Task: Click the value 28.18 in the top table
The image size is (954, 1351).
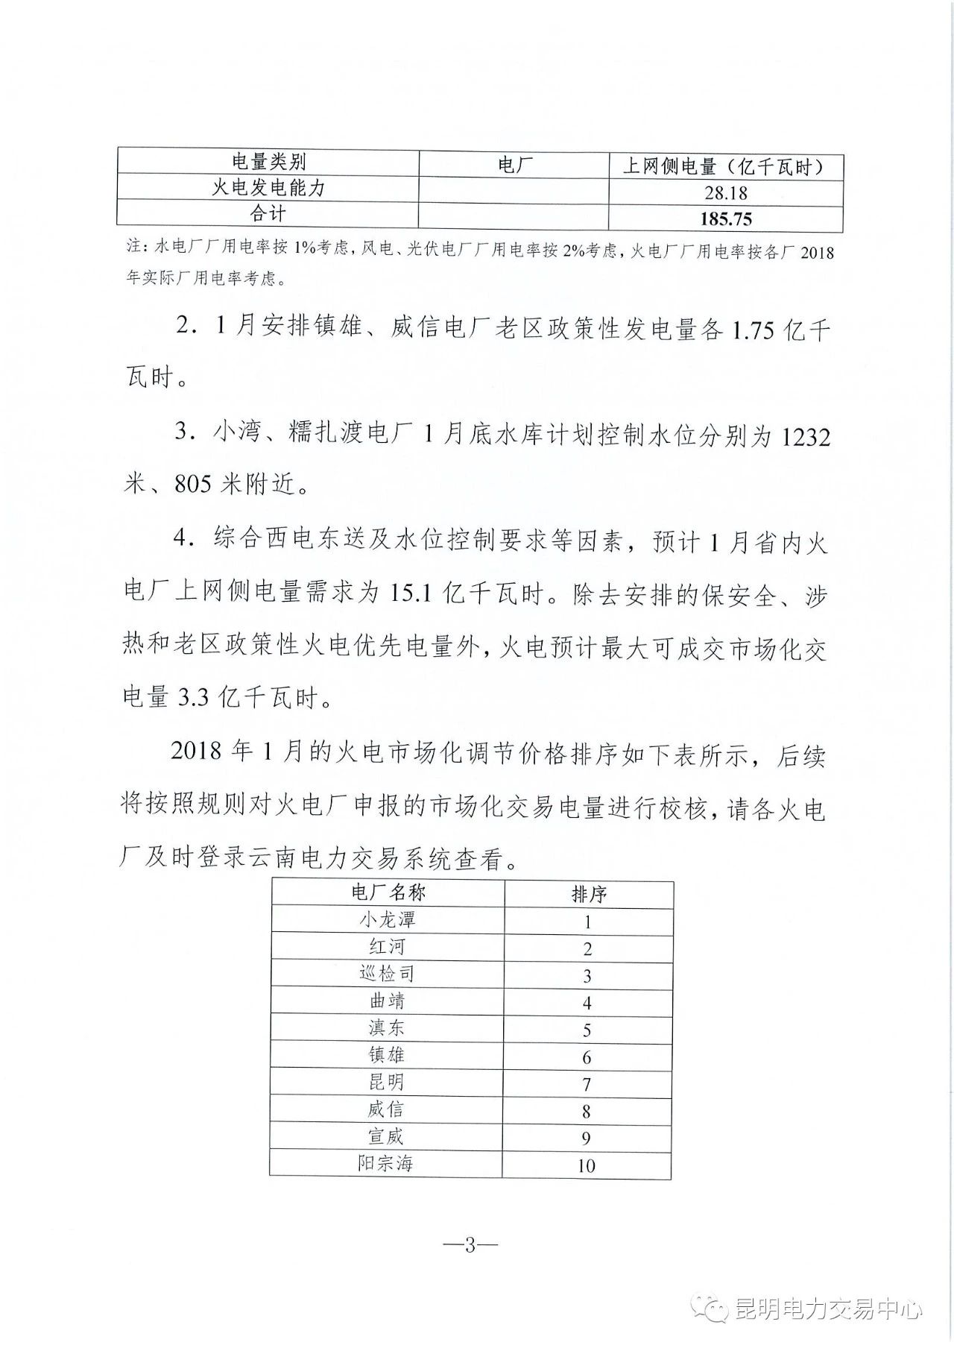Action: (x=725, y=193)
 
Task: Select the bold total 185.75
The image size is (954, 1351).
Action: (x=725, y=219)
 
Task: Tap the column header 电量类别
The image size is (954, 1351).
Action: (x=268, y=162)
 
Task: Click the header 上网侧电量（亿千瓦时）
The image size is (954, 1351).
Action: (x=725, y=166)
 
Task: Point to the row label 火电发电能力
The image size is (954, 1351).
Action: (x=268, y=188)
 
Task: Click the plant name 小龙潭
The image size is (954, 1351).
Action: (x=387, y=919)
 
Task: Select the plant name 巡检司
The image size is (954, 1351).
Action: (x=387, y=974)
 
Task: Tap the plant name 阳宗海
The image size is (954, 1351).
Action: (x=385, y=1163)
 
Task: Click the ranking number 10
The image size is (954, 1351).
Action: (x=586, y=1165)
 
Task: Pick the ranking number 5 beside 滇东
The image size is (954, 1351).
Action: (x=587, y=1030)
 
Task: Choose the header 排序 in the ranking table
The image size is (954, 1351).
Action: (x=589, y=894)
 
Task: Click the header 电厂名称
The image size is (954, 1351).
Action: (x=388, y=892)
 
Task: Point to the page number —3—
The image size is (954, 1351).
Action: (x=470, y=1245)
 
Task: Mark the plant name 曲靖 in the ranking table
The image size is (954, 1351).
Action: (x=387, y=1001)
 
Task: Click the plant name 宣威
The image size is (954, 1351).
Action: (x=386, y=1136)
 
